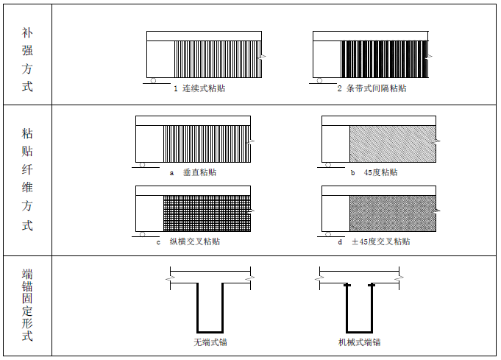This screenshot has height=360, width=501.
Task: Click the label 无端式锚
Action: coord(210,342)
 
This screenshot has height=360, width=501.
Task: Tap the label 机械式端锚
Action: coord(360,342)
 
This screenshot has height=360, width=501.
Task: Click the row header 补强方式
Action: coord(27,60)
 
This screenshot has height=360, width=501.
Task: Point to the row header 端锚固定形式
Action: coord(27,305)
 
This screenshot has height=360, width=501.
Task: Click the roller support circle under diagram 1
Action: coord(153,81)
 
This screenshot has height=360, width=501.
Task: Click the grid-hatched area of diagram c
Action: coord(206,213)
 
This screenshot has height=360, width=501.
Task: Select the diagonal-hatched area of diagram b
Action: coord(391,144)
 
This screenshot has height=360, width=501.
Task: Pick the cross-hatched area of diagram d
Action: coord(391,213)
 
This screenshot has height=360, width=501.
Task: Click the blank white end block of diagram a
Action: coord(149,144)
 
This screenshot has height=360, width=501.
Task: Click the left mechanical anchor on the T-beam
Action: coord(347,284)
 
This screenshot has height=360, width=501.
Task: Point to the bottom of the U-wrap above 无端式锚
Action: coord(210,331)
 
